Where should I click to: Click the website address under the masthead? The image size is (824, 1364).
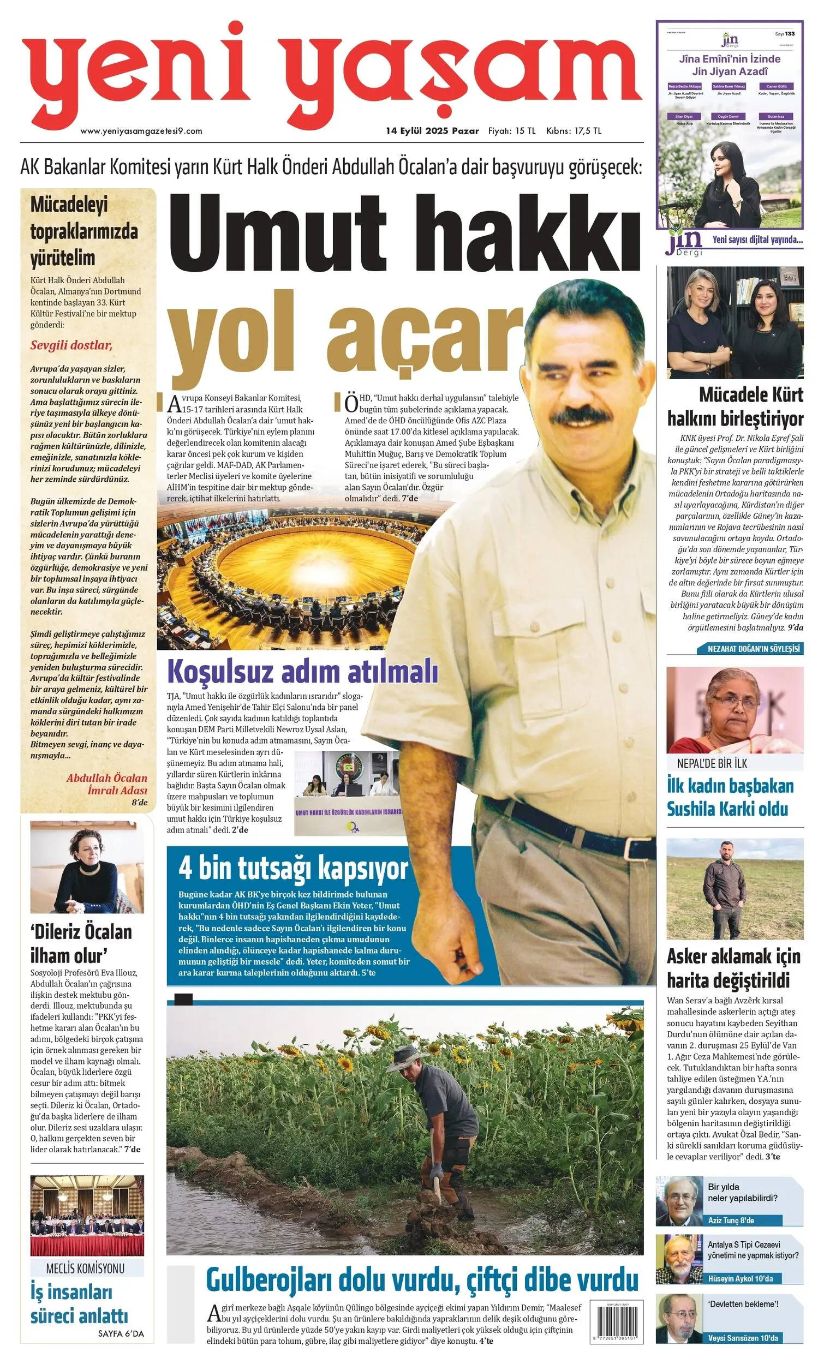point(141,131)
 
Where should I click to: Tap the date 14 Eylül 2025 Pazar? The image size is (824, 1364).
point(432,131)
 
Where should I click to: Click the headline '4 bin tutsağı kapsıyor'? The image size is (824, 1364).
point(293,869)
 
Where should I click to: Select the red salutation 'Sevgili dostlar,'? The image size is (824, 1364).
point(71,345)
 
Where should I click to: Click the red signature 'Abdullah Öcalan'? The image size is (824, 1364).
point(107,778)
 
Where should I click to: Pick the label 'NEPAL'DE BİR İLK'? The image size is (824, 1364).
point(712,763)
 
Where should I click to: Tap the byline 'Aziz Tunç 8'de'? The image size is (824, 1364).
point(731,1220)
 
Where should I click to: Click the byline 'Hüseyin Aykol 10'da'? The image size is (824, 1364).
point(740,1278)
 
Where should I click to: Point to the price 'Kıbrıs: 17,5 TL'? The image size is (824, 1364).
point(573,131)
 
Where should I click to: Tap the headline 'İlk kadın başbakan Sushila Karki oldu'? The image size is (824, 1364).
point(730,797)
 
